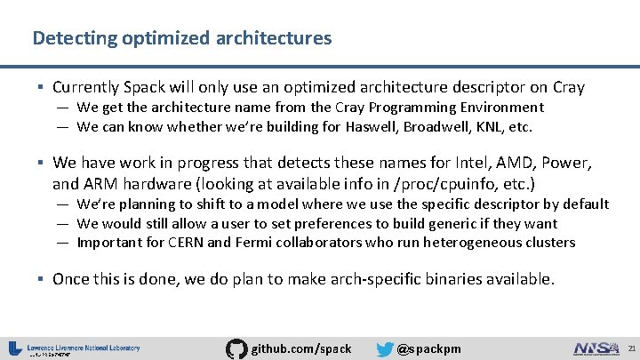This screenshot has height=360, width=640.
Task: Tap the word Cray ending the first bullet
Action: (567, 87)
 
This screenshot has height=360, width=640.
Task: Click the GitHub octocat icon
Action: (236, 348)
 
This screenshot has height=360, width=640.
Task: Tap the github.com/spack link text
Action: (302, 348)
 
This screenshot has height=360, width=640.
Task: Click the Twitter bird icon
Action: (384, 349)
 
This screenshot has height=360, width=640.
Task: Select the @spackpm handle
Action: (429, 348)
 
